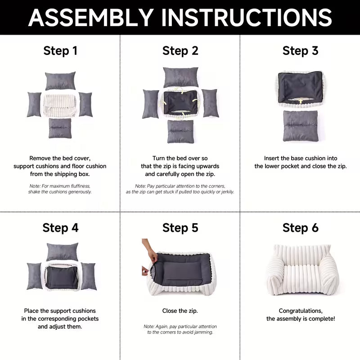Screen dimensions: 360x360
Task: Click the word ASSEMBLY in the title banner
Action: (x=91, y=18)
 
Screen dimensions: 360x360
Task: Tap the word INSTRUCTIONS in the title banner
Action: (x=247, y=18)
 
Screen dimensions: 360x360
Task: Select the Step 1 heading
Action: (x=60, y=51)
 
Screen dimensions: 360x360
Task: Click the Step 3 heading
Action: (x=300, y=51)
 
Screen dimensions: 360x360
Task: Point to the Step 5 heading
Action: (x=180, y=228)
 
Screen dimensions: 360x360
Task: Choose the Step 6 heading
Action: (x=300, y=228)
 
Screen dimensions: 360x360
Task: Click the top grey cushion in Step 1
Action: (x=60, y=81)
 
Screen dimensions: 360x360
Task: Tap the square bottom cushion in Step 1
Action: (x=60, y=128)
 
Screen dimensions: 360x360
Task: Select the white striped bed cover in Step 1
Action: (x=60, y=106)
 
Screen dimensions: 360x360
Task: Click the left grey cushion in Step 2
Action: (x=151, y=104)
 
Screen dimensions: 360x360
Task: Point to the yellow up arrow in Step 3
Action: (x=300, y=101)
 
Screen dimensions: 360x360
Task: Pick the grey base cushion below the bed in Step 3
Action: (x=301, y=126)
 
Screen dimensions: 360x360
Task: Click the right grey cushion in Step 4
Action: (x=88, y=276)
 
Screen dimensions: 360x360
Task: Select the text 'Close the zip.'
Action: (x=180, y=311)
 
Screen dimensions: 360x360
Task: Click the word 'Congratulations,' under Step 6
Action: (x=301, y=311)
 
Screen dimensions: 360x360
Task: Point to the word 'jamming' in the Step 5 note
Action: (x=203, y=332)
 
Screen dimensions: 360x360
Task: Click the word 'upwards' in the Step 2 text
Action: (x=208, y=166)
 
